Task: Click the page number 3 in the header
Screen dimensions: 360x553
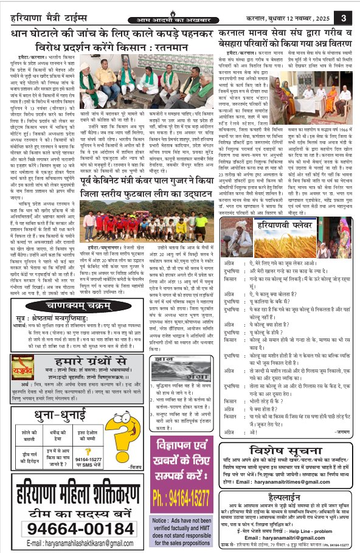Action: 345,18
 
